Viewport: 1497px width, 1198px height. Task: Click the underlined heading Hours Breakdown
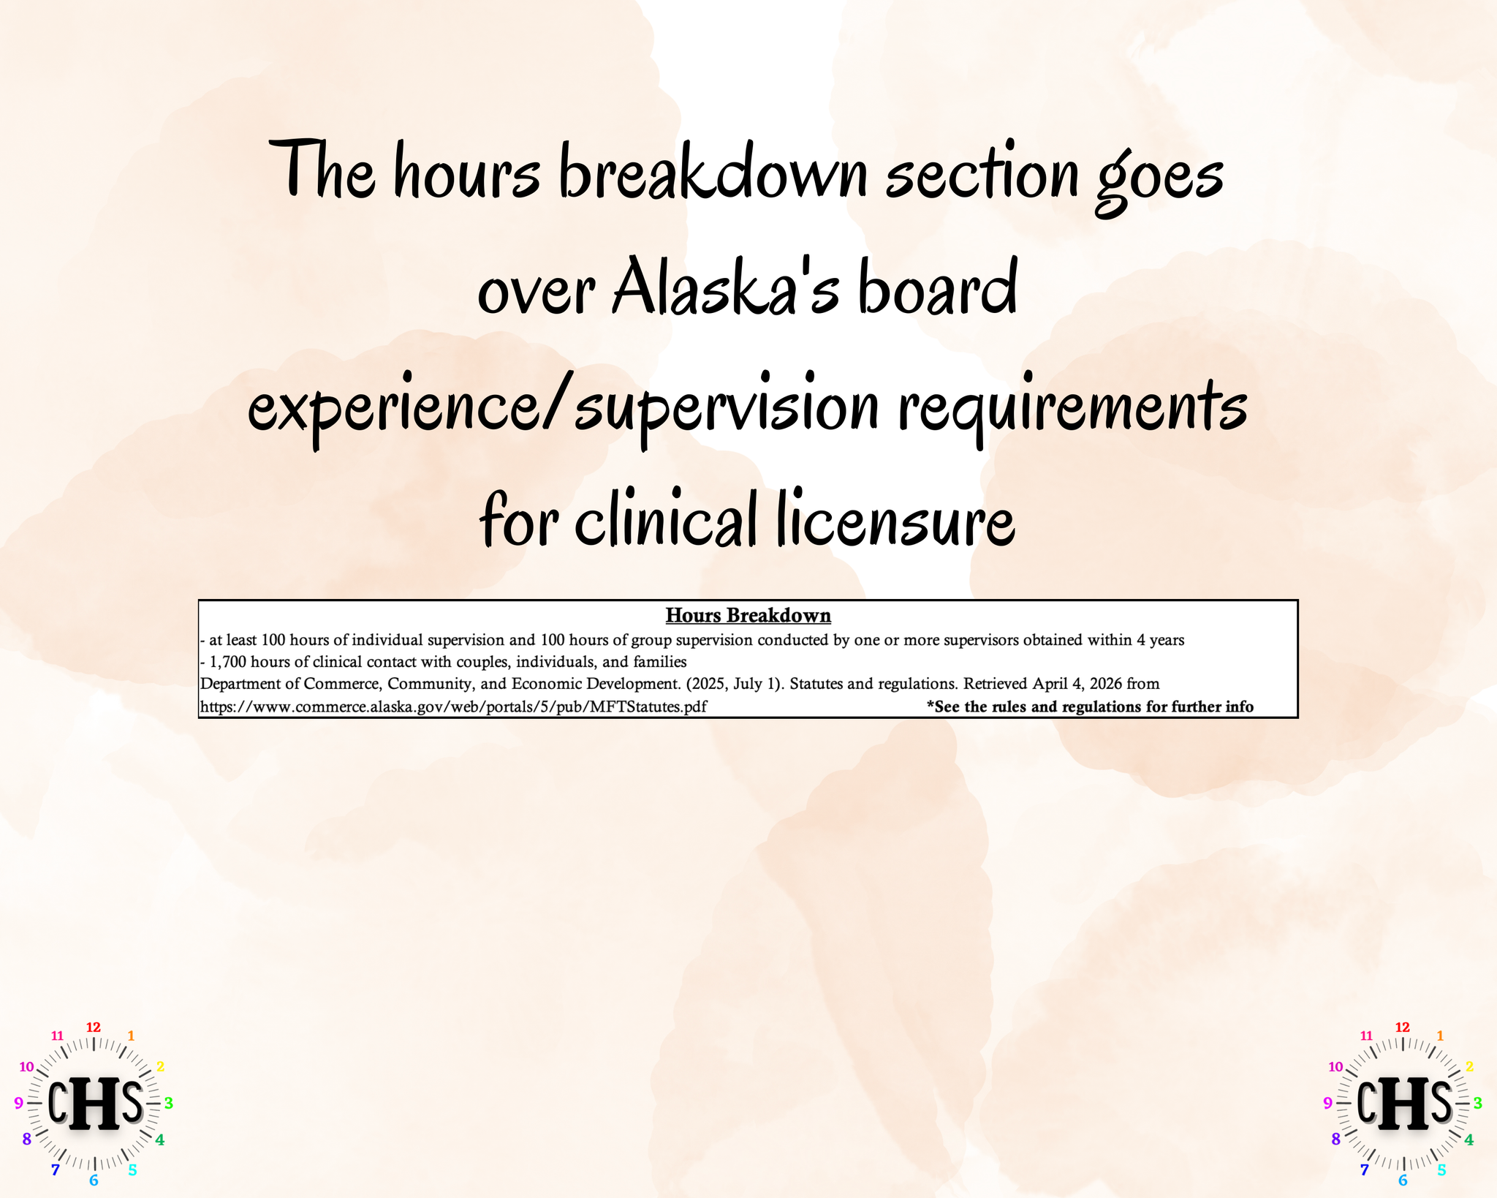748,616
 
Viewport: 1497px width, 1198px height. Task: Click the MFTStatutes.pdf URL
453,707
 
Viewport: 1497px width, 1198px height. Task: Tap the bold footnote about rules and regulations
1090,707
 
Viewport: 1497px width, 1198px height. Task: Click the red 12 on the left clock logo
94,1027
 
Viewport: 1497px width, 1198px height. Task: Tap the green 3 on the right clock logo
1477,1103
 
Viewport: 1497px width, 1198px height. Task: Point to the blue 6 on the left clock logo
94,1180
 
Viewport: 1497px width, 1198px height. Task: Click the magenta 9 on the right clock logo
1327,1103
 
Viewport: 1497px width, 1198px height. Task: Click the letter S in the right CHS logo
1441,1101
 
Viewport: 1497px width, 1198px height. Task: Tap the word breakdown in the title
713,172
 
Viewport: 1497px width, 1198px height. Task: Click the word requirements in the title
1072,410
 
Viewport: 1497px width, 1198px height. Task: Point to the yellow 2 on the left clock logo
160,1066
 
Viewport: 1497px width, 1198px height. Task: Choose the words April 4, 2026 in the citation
1077,684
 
